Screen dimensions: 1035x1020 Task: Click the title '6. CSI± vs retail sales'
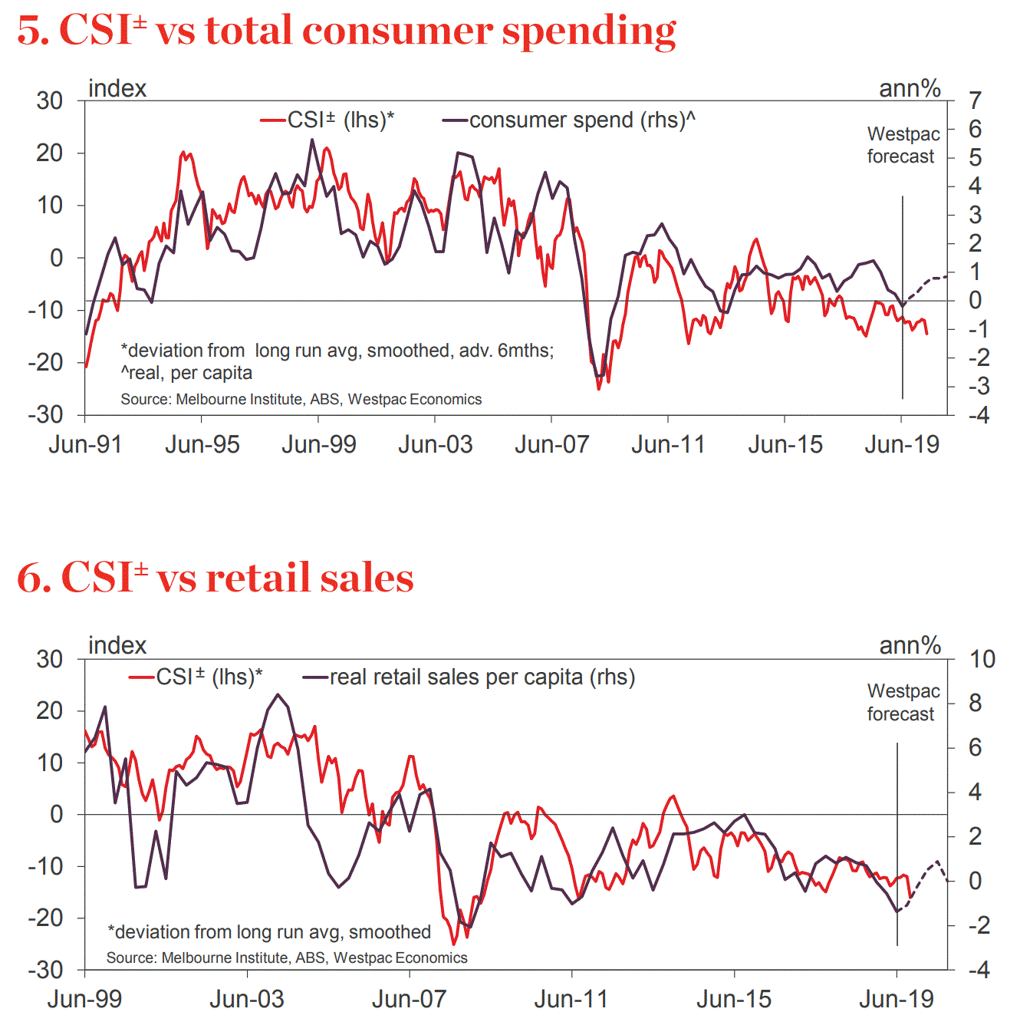(216, 577)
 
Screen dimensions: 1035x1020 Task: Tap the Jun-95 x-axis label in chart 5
(202, 444)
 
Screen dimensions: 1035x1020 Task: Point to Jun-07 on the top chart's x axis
(551, 444)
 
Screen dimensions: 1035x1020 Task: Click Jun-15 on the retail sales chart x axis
(734, 999)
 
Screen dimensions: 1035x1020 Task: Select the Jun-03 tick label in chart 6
(247, 999)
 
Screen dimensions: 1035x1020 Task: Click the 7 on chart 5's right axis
(975, 101)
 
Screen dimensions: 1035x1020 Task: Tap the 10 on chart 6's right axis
(982, 659)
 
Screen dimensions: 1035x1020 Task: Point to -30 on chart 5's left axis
(46, 414)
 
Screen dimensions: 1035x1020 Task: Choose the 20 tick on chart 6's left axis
(49, 710)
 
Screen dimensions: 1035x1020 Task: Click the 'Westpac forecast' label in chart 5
(903, 145)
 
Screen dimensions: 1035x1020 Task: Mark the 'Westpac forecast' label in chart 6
(903, 703)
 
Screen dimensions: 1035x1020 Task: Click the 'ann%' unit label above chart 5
(910, 88)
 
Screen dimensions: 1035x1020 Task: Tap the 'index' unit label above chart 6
(117, 645)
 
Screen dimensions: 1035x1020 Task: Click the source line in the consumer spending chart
(301, 399)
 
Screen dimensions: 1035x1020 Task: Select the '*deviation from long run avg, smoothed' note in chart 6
(269, 931)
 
